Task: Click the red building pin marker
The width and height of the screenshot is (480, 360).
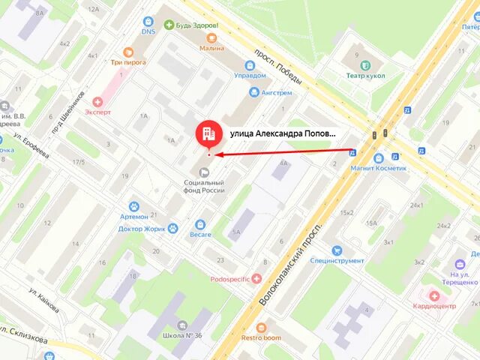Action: tap(208, 133)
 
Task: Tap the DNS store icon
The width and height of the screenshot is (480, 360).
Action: tap(148, 21)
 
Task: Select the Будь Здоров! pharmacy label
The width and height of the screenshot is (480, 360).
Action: tap(197, 25)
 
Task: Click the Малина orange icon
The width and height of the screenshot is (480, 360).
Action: tap(211, 37)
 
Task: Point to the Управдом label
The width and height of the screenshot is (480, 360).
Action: tap(250, 76)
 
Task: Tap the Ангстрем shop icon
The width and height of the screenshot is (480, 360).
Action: tap(253, 93)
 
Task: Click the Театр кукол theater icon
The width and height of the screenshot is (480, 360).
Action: tap(365, 64)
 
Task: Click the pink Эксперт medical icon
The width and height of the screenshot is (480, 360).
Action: tap(97, 100)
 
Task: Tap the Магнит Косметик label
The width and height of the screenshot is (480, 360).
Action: tap(379, 169)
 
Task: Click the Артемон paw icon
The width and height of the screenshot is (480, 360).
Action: tap(134, 205)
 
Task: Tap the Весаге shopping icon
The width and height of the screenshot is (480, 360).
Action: tap(200, 224)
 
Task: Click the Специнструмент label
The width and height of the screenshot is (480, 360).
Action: tap(337, 261)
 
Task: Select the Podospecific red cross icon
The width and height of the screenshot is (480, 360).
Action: tap(257, 277)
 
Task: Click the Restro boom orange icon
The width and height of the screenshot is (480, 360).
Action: tap(261, 328)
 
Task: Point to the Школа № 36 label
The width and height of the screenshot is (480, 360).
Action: tap(178, 335)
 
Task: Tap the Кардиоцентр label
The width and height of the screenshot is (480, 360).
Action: tap(434, 306)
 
